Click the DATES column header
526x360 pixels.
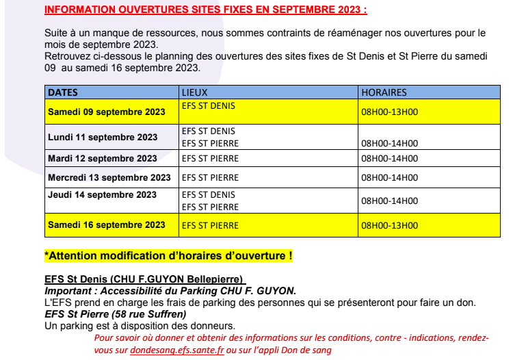click(63, 92)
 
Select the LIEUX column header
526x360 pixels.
click(194, 92)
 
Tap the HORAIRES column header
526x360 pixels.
click(384, 92)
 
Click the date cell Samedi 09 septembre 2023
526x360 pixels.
click(107, 112)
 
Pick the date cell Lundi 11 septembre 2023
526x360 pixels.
click(103, 137)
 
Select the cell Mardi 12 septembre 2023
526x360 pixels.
click(103, 158)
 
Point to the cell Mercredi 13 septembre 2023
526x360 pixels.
click(109, 177)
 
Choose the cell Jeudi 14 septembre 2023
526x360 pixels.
click(103, 195)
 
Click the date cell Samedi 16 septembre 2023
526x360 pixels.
click(107, 224)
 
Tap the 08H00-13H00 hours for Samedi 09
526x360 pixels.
click(389, 112)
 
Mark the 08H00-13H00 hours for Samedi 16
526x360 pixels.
click(389, 225)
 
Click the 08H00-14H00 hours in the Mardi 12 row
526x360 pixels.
click(389, 158)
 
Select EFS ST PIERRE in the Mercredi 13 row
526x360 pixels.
click(210, 177)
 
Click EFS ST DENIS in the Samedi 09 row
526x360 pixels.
click(209, 106)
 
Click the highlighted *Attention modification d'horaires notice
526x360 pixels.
click(169, 256)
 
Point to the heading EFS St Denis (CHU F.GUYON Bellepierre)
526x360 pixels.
click(144, 280)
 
